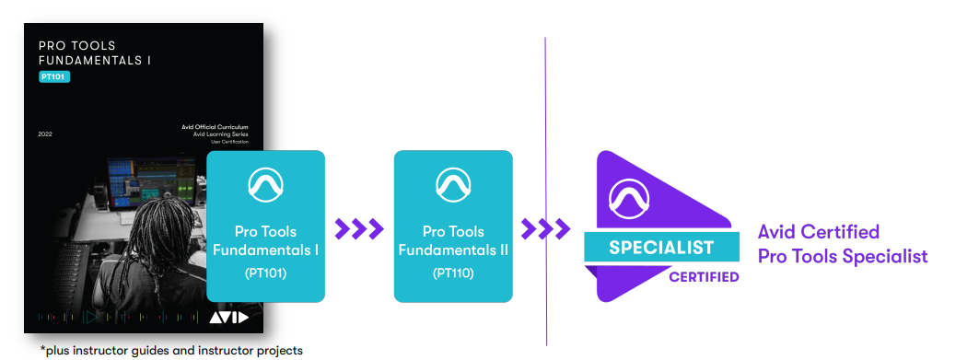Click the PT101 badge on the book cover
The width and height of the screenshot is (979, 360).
click(54, 76)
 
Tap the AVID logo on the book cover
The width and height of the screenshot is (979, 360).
click(228, 318)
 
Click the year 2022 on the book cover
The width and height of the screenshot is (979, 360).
click(45, 134)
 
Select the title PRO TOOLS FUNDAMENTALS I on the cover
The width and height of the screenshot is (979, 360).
click(95, 53)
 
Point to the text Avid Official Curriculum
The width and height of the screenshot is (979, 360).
click(215, 127)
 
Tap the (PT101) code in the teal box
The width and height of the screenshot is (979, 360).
click(265, 273)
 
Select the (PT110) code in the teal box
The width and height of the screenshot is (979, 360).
click(453, 273)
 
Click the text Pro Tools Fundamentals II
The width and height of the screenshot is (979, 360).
click(453, 241)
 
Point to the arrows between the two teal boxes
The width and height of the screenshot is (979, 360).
click(359, 229)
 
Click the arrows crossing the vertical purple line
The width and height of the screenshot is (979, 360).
click(546, 229)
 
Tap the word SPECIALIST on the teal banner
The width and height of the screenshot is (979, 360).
click(661, 247)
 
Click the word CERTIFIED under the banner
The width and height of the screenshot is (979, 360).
click(704, 276)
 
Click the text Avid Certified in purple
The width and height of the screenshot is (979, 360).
click(819, 232)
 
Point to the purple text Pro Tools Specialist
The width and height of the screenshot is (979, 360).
click(843, 257)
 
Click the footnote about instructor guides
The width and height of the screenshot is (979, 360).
click(171, 351)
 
